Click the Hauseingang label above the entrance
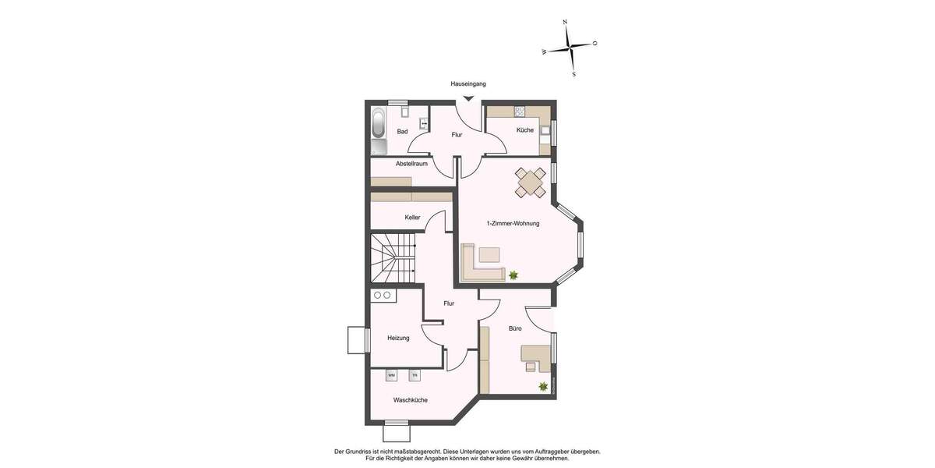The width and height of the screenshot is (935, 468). click(x=468, y=83)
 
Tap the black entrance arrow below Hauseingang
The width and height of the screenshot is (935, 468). click(x=468, y=98)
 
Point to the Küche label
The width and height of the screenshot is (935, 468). click(x=525, y=130)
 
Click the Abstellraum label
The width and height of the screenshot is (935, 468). click(x=411, y=163)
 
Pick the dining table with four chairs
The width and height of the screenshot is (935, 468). click(x=531, y=183)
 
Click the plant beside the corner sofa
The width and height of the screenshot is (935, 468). click(x=513, y=275)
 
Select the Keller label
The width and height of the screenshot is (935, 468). click(x=412, y=217)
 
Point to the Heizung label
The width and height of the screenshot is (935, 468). click(x=399, y=338)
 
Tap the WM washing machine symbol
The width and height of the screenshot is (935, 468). click(x=391, y=375)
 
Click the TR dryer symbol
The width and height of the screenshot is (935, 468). click(x=415, y=375)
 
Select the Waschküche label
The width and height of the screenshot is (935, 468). click(x=410, y=400)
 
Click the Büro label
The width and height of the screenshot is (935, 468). click(x=515, y=329)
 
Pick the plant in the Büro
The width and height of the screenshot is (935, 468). click(x=543, y=386)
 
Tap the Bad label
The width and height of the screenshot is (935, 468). click(x=402, y=131)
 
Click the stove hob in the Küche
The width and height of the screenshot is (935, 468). click(x=519, y=111)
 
